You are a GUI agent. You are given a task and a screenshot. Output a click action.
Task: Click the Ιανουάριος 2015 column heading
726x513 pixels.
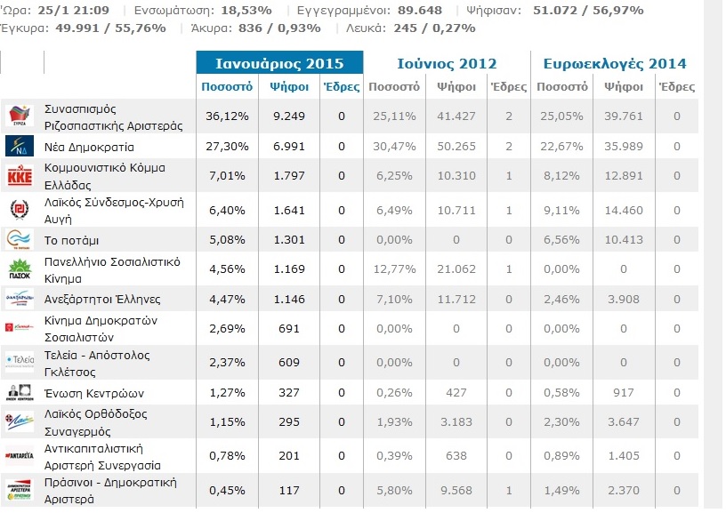coord(279,63)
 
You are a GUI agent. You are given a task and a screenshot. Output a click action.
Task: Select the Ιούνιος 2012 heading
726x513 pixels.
coord(447,63)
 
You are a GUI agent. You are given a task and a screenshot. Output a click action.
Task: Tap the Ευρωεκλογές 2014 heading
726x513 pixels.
coord(615,63)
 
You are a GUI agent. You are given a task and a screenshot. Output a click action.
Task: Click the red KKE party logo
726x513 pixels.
coord(20,177)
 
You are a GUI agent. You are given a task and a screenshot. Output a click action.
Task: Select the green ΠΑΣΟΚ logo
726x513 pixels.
coord(20,269)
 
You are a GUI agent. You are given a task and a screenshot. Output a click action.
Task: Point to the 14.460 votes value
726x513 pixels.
coord(623,209)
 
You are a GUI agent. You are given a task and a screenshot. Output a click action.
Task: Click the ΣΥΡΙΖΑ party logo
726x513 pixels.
coord(20,116)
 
